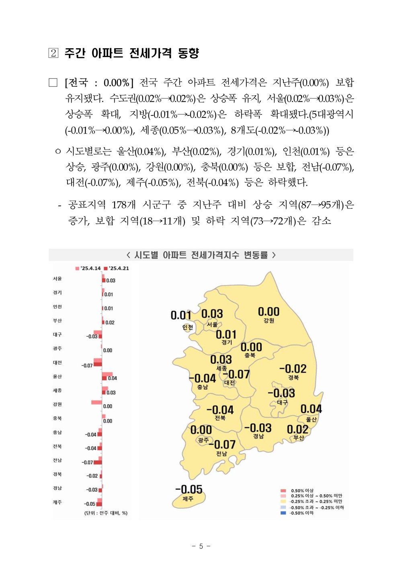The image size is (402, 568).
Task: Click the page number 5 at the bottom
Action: [x=201, y=546]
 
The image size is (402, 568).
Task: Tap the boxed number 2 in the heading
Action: [x=53, y=53]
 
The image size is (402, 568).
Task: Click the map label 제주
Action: [x=188, y=499]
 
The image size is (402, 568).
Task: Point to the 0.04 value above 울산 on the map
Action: [x=311, y=409]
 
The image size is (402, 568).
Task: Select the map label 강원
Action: [x=269, y=320]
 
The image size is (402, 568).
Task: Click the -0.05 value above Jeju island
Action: [x=189, y=489]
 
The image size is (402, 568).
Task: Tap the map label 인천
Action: [x=188, y=327]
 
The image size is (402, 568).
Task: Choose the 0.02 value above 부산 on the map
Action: [x=297, y=429]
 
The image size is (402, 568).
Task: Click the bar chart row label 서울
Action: [x=57, y=279]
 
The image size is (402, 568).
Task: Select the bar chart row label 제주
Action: [x=57, y=502]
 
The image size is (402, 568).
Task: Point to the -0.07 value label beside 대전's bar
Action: [x=87, y=365]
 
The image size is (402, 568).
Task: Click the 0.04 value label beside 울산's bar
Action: [x=113, y=378]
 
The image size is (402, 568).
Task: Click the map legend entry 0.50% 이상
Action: [x=302, y=490]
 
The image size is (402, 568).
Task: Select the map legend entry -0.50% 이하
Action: [x=301, y=513]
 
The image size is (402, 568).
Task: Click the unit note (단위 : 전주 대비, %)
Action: [x=106, y=513]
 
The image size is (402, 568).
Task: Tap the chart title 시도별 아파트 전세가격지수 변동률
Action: [x=201, y=255]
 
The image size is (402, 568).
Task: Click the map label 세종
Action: [x=222, y=368]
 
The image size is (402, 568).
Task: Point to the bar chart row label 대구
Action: [x=57, y=334]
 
